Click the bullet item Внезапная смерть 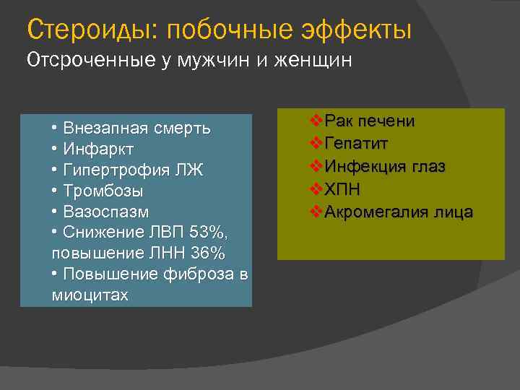click(x=136, y=129)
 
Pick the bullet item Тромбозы click(x=103, y=191)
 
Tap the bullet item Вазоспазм click(x=105, y=212)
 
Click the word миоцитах click(x=90, y=296)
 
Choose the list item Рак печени click(x=369, y=121)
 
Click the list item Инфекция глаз click(x=384, y=166)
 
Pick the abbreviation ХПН click(x=342, y=189)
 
